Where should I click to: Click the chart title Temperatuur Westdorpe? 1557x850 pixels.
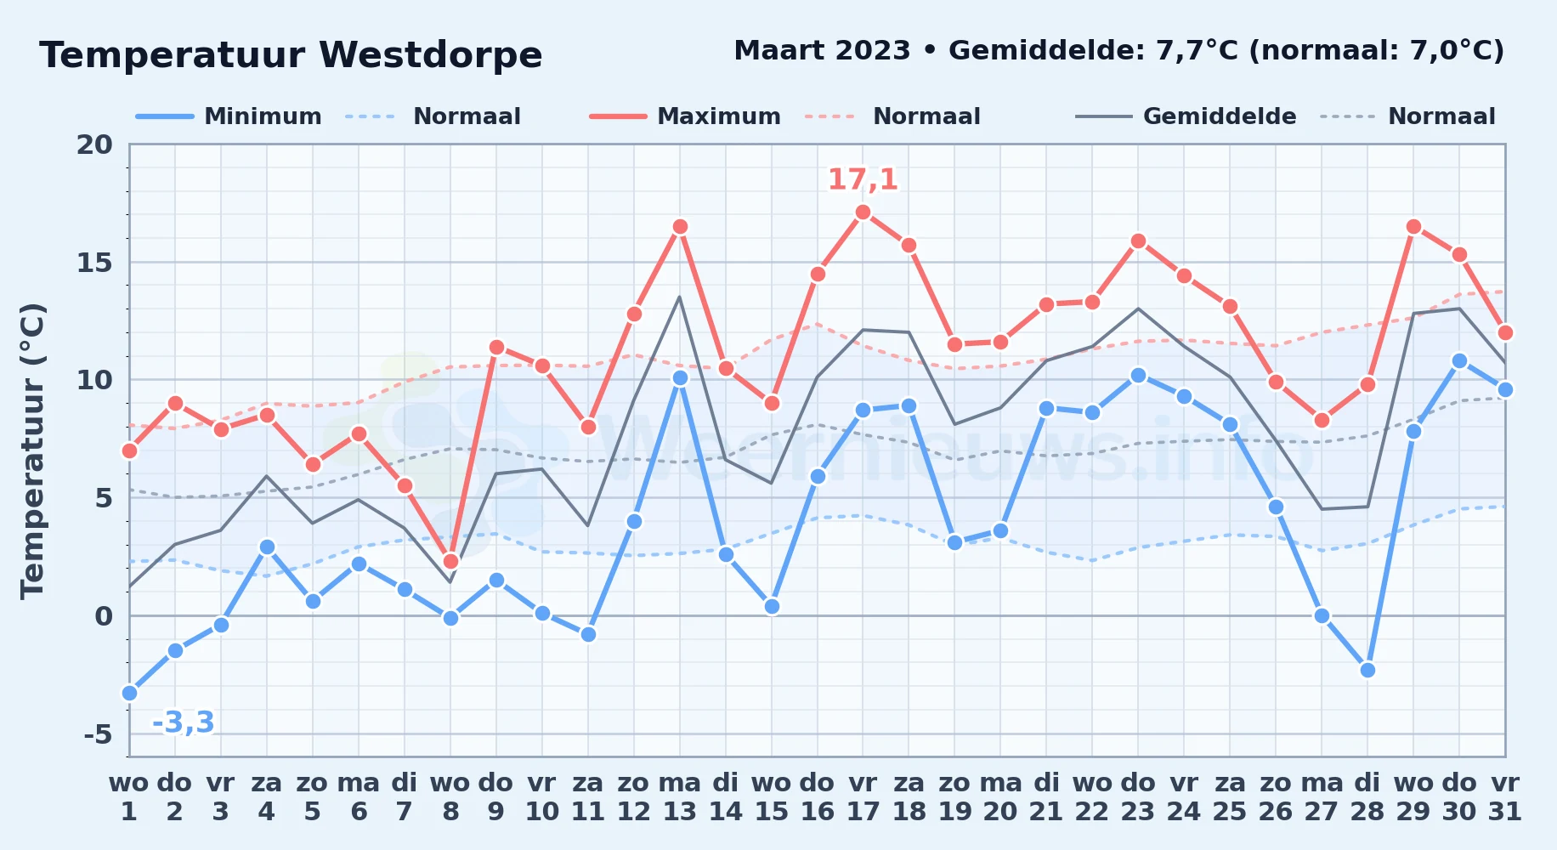point(291,55)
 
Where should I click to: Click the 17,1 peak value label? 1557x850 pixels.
point(863,179)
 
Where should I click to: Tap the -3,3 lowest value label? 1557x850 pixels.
point(183,722)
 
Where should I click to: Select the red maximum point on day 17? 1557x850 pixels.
point(863,212)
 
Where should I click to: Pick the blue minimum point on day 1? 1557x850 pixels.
point(129,693)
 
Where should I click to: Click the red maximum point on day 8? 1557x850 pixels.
point(450,561)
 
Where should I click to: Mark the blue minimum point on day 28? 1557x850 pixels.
point(1367,670)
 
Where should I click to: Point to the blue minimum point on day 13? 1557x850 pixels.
point(680,377)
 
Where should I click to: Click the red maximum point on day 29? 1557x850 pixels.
point(1413,226)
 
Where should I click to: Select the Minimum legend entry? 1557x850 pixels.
point(229,116)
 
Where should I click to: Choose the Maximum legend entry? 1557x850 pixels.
point(685,116)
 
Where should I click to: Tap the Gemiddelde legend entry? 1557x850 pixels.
point(1186,116)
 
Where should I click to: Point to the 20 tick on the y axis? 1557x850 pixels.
point(94,144)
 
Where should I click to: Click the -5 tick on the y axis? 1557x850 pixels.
point(98,734)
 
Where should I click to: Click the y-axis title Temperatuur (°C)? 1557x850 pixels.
point(32,450)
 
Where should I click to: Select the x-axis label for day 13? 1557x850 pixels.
point(680,796)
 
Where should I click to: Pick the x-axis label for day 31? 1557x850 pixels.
point(1505,796)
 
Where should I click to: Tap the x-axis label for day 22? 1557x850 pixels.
point(1092,796)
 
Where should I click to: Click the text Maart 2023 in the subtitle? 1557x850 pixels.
point(822,51)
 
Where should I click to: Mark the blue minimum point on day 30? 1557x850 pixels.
point(1459,360)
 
